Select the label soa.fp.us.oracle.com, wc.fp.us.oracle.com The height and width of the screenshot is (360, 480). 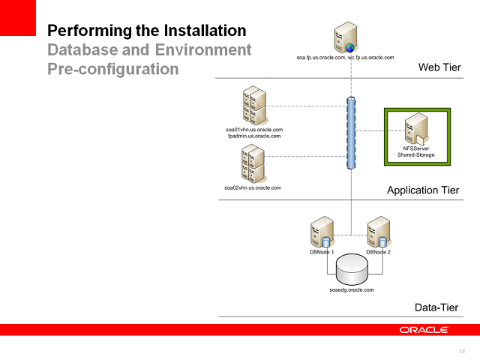pos(345,57)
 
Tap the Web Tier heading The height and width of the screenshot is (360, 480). pos(439,68)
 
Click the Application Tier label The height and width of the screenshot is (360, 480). pos(422,190)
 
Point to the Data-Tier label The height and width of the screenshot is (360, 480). pos(436,307)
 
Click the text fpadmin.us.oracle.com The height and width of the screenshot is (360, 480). pos(253,136)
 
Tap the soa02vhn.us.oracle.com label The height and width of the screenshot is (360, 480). pos(253,187)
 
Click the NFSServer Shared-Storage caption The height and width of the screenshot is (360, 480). pos(415,152)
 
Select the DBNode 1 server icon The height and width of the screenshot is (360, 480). pos(322,232)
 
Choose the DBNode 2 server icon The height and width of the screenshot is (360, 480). pos(378,232)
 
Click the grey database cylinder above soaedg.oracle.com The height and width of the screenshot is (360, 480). pos(351,268)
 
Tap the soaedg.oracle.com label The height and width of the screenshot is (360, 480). pos(351,289)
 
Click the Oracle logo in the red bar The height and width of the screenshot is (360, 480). pos(424,330)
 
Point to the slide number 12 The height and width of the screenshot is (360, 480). pos(461,351)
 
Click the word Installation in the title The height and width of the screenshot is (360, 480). pos(201,31)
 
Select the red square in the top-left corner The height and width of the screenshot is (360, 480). pos(18,18)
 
